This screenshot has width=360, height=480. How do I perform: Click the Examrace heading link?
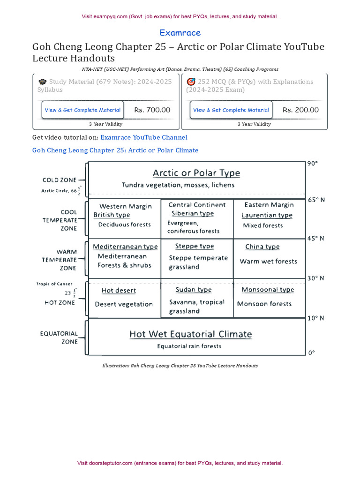tap(180, 33)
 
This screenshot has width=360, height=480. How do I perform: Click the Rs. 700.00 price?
tap(152, 110)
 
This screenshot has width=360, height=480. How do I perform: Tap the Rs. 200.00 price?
tap(300, 110)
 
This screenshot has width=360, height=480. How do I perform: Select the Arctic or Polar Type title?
tap(196, 173)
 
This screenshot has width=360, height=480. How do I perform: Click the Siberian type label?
tap(192, 214)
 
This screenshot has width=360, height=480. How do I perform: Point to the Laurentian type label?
tap(267, 215)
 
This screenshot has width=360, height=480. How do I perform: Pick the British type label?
tap(112, 215)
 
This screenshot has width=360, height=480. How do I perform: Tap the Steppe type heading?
tap(194, 246)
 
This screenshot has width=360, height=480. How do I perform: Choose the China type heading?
tap(262, 247)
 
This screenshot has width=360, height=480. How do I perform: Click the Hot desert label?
tap(119, 291)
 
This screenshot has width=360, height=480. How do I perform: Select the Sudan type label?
tap(194, 290)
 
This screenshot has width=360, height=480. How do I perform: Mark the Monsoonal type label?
tap(268, 290)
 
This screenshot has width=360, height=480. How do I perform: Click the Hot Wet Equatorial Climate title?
tap(190, 334)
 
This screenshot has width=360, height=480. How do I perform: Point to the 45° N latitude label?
tap(315, 238)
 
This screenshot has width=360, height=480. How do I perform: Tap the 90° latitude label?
tap(312, 164)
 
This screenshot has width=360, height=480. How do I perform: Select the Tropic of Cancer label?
tap(54, 284)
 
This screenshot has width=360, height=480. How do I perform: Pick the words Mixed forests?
tap(263, 225)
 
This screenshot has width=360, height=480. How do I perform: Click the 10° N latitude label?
tap(315, 318)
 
